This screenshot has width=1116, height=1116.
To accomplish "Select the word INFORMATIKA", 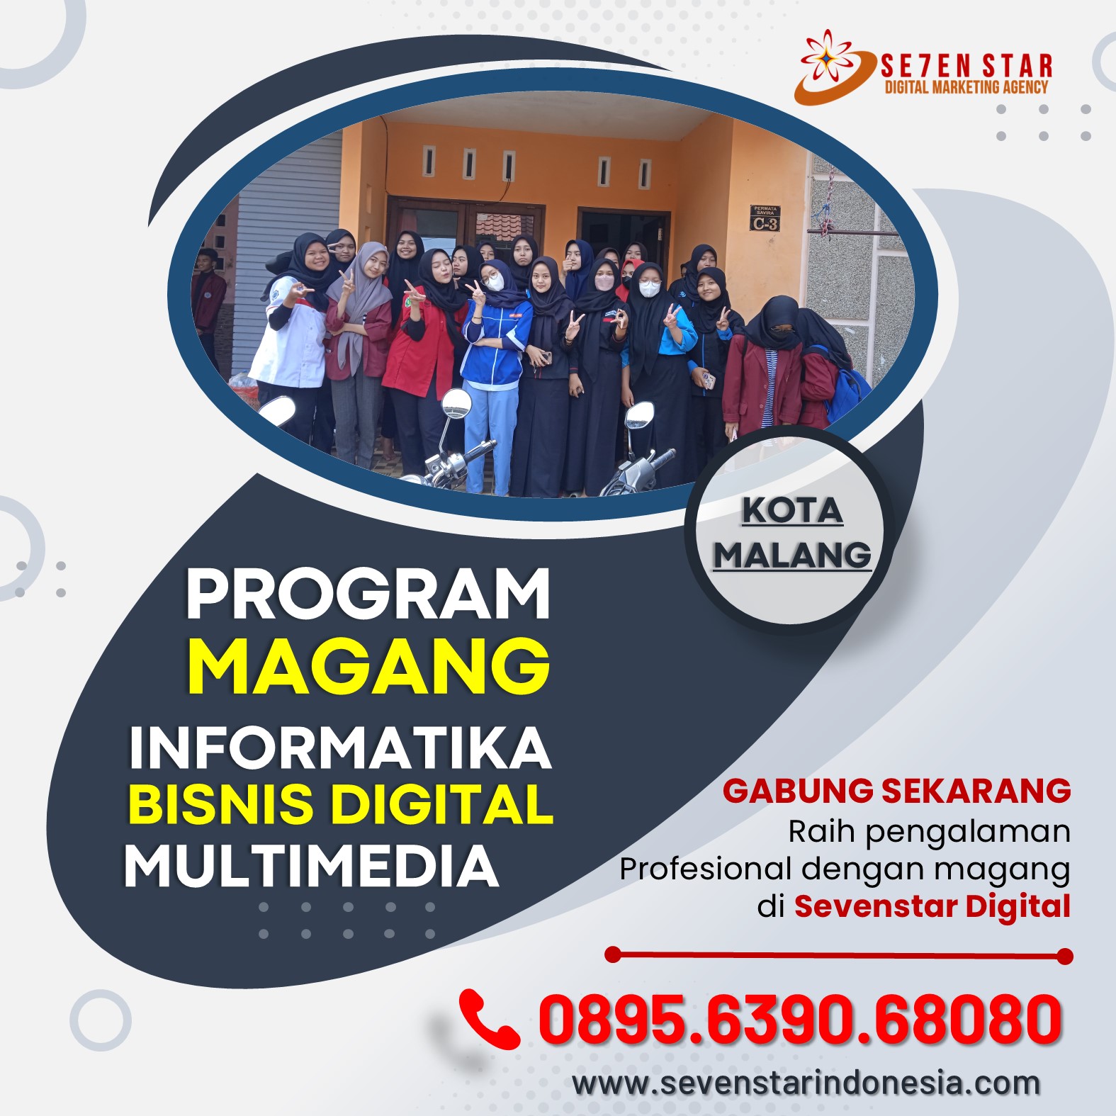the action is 340,747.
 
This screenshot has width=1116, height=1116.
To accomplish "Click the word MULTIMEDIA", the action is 312,865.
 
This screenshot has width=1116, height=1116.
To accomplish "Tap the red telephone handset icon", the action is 489,1019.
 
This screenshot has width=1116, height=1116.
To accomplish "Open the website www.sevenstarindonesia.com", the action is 806,1082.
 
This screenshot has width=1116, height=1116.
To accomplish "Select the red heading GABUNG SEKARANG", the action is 896,790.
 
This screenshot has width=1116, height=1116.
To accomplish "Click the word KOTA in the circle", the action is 792,510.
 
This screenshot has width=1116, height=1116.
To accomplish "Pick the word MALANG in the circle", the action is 792,555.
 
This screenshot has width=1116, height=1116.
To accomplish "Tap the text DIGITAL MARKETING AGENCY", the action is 966,87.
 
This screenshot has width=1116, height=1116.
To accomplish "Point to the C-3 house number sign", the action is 765,218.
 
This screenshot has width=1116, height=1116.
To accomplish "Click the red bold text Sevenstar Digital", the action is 932,906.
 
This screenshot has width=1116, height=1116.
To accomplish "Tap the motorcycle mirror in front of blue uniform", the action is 456,402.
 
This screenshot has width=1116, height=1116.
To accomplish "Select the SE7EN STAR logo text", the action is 966,66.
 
